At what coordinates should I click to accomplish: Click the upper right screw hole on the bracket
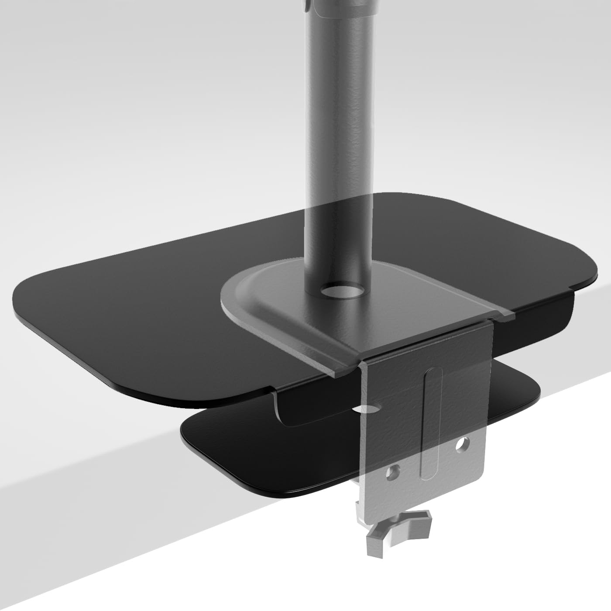[460, 445]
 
